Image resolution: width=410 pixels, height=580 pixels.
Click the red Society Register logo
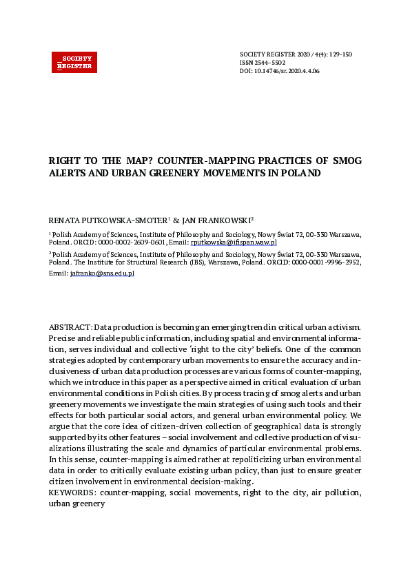point(74,62)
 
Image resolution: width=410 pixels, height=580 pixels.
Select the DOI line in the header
point(279,71)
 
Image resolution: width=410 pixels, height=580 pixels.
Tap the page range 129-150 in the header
point(339,54)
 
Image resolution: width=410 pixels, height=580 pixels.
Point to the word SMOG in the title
point(347,160)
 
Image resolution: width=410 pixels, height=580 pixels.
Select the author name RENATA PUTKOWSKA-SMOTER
point(107,220)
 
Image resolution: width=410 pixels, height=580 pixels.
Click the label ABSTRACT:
point(70,325)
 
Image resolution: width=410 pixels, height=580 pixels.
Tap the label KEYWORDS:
point(71,493)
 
